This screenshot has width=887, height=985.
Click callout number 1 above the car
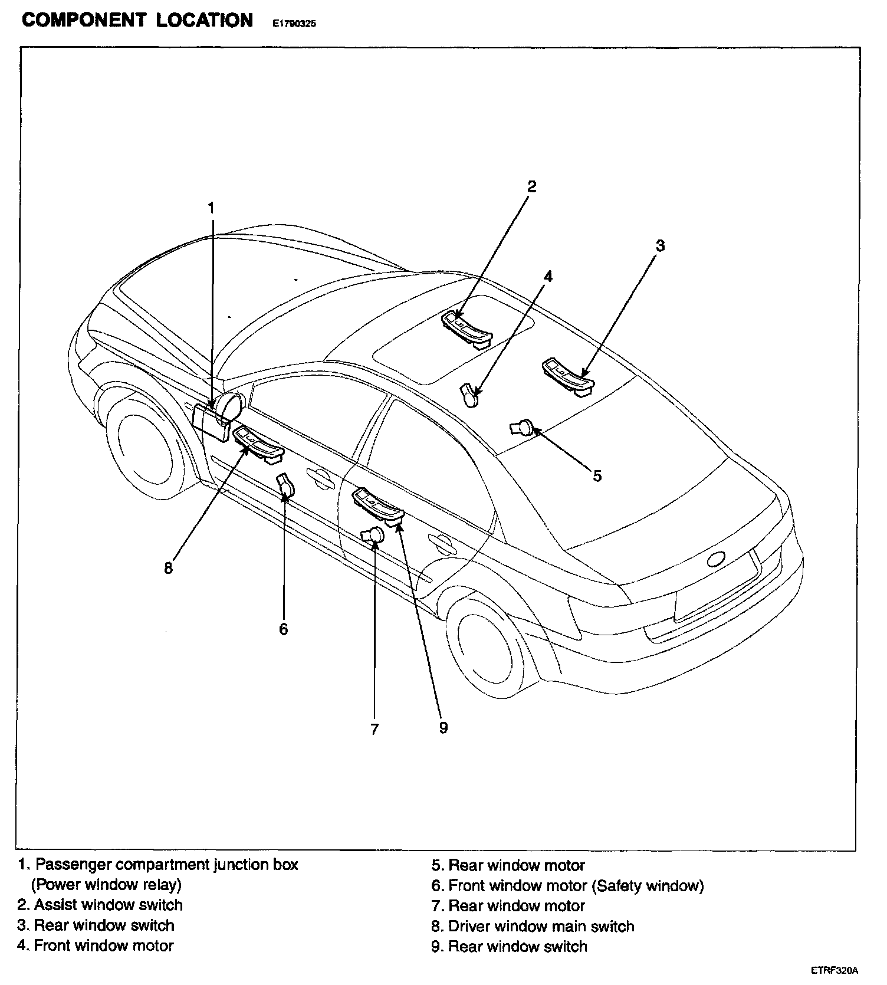[211, 208]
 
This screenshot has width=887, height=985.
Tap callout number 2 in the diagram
[531, 187]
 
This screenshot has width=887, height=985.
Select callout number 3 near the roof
[660, 245]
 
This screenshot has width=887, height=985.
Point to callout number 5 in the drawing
[597, 475]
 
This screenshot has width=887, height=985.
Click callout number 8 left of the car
[168, 568]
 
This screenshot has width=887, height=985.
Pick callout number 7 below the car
[374, 730]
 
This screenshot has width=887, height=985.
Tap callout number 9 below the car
[443, 728]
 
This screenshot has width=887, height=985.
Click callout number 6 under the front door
[284, 629]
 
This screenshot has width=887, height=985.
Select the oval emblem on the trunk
[717, 559]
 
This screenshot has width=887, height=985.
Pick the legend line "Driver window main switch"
[533, 926]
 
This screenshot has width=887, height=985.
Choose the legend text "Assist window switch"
[100, 905]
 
